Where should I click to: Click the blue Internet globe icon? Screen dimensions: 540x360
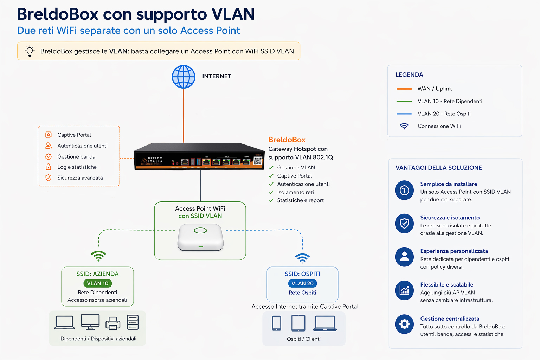click(x=184, y=77)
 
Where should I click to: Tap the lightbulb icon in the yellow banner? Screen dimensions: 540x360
click(x=30, y=51)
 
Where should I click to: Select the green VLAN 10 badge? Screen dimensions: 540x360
click(x=98, y=283)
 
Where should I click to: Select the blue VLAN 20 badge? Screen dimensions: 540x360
click(x=303, y=283)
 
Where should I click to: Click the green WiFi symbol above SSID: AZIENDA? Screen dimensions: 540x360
click(x=98, y=256)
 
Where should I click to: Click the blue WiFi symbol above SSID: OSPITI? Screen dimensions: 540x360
click(x=302, y=258)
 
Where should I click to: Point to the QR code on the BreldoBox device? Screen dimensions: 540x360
click(x=258, y=161)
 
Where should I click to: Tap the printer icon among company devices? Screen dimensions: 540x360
click(x=113, y=323)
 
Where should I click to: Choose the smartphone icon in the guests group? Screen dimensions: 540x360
click(x=277, y=323)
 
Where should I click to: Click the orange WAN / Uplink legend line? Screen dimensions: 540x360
click(x=404, y=89)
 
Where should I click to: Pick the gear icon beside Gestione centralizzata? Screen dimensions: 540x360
click(x=404, y=324)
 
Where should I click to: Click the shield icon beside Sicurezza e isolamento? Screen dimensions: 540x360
click(x=404, y=223)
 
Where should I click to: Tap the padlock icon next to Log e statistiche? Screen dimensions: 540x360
click(x=49, y=167)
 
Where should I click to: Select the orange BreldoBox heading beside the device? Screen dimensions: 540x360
click(x=287, y=140)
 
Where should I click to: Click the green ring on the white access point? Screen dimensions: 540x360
click(x=200, y=231)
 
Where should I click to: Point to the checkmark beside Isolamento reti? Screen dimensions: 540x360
click(x=271, y=192)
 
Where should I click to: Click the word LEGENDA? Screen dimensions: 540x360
click(x=409, y=75)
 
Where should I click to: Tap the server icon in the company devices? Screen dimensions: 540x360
click(x=133, y=322)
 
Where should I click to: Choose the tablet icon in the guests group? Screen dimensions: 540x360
click(x=298, y=323)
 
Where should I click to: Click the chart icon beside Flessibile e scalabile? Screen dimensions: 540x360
click(x=404, y=290)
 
